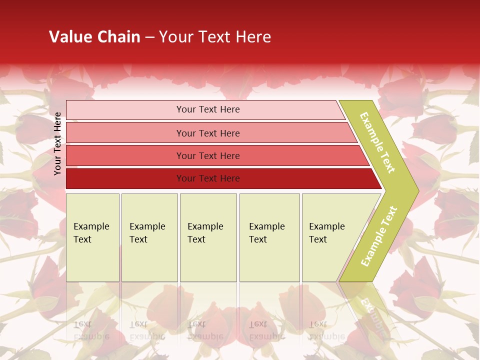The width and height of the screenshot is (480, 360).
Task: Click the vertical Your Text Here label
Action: pos(57,143)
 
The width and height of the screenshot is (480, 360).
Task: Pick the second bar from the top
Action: pos(207,133)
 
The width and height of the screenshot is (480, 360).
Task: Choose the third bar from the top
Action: pos(207,155)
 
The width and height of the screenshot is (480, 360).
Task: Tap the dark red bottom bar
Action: pos(207,178)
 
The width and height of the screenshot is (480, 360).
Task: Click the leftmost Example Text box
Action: pos(92,237)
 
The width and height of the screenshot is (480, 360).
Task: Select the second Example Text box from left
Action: pos(149,237)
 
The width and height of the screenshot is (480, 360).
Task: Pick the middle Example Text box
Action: pos(208,237)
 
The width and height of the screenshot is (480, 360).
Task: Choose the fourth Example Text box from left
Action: pos(269,237)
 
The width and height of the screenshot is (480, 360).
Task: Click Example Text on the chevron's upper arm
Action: pos(377,142)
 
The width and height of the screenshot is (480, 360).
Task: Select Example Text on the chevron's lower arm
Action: pos(379,236)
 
